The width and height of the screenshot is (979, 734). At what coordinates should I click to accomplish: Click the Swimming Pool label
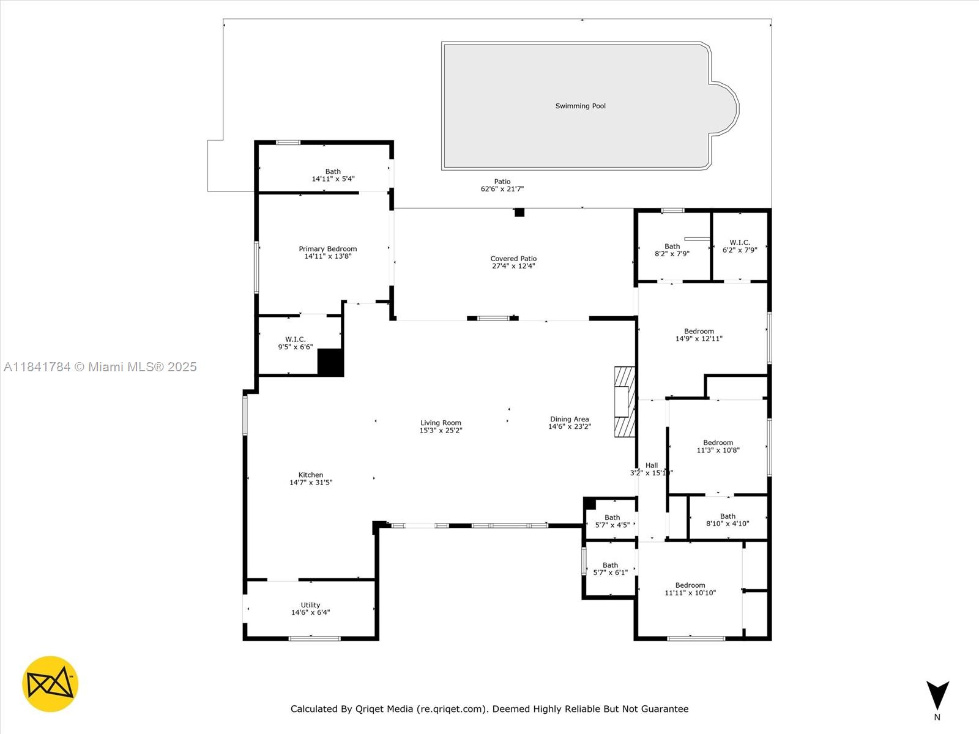(x=580, y=106)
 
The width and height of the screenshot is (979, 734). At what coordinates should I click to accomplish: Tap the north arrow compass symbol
(x=937, y=695)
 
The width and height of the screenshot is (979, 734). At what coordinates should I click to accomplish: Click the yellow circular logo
(x=50, y=684)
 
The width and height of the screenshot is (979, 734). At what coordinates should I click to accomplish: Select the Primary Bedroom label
(x=327, y=249)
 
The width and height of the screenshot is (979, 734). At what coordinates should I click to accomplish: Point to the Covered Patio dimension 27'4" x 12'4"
(x=513, y=266)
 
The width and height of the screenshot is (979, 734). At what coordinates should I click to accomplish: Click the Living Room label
(x=441, y=423)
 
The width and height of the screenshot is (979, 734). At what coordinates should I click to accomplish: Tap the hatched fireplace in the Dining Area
(x=625, y=401)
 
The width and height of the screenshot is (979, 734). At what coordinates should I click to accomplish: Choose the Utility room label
(x=310, y=605)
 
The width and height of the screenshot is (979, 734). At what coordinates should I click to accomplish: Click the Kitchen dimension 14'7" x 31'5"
(x=311, y=483)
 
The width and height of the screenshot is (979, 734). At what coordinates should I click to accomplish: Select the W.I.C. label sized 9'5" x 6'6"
(x=295, y=339)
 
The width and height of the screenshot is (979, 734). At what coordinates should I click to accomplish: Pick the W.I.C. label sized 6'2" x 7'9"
(x=739, y=243)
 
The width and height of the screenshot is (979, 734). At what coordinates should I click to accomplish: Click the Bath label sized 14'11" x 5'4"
(x=333, y=172)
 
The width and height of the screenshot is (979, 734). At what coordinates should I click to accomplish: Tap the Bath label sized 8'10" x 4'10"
(x=728, y=516)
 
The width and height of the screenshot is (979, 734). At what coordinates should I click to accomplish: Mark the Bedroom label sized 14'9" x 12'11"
(x=699, y=332)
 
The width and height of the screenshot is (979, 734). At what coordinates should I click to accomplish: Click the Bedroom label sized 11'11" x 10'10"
(x=690, y=585)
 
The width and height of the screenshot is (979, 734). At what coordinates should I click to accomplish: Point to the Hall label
(x=652, y=465)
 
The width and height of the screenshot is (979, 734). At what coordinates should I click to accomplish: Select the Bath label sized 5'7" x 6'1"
(x=610, y=565)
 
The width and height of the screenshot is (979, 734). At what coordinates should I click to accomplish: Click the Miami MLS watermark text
(x=100, y=366)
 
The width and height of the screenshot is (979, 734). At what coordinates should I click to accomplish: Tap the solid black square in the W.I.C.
(x=330, y=362)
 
